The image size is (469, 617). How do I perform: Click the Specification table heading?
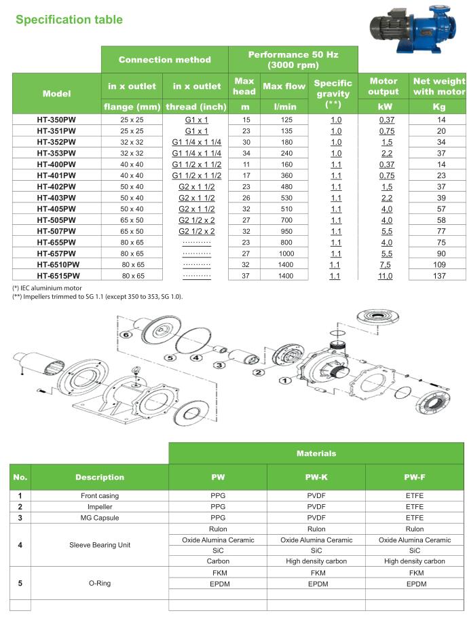tap(69, 20)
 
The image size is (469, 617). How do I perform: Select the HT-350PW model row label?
tap(57, 120)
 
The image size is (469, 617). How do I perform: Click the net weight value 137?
tap(438, 276)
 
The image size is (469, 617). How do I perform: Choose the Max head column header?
tap(244, 86)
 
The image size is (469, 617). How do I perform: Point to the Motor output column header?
tap(383, 86)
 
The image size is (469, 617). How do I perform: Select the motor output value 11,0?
tap(384, 276)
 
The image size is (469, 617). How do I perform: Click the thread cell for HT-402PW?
tap(197, 186)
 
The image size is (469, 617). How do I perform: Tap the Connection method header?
tap(164, 60)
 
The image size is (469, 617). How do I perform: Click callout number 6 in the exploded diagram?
tap(125, 335)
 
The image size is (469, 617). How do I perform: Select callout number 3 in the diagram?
tap(219, 365)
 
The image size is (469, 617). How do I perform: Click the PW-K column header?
tap(316, 477)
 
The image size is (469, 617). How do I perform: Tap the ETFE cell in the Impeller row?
tap(414, 507)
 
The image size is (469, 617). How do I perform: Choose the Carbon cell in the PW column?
tap(218, 561)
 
